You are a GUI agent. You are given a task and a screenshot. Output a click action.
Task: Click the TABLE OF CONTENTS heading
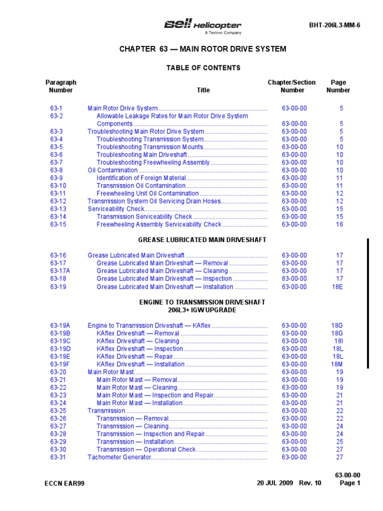[203, 68]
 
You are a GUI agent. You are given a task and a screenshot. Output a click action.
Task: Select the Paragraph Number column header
[61, 86]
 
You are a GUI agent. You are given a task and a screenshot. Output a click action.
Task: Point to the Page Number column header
[338, 86]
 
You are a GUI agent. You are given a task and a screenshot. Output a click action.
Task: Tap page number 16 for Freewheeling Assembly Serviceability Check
[339, 225]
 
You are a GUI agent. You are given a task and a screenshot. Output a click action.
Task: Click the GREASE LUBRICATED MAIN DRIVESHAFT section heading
[202, 240]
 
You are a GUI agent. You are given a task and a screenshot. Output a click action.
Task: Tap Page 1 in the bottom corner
[350, 483]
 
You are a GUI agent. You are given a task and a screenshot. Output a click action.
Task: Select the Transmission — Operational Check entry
[146, 450]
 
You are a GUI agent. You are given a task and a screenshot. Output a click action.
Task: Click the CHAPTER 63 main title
[202, 49]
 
